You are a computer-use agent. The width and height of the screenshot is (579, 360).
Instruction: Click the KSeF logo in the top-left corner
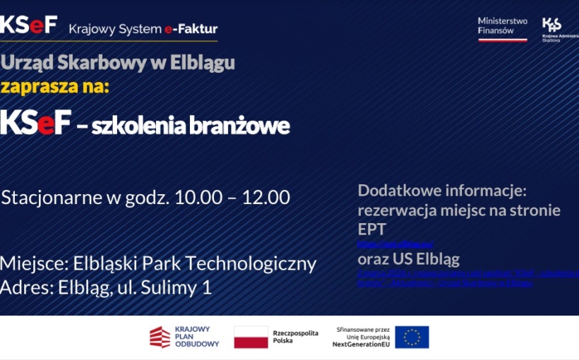click(29, 25)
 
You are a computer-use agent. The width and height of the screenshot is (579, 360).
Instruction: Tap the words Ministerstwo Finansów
click(502, 25)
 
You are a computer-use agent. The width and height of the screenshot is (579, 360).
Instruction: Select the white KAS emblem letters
click(551, 25)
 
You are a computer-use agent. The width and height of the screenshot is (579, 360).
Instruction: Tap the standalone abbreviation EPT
click(372, 229)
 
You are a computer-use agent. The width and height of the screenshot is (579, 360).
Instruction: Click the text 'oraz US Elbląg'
click(409, 259)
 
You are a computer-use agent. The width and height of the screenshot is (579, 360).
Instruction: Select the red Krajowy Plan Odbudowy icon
click(160, 337)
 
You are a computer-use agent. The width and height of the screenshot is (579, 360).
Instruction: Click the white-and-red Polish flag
click(251, 337)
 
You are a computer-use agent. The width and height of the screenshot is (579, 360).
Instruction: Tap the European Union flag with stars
click(412, 337)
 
